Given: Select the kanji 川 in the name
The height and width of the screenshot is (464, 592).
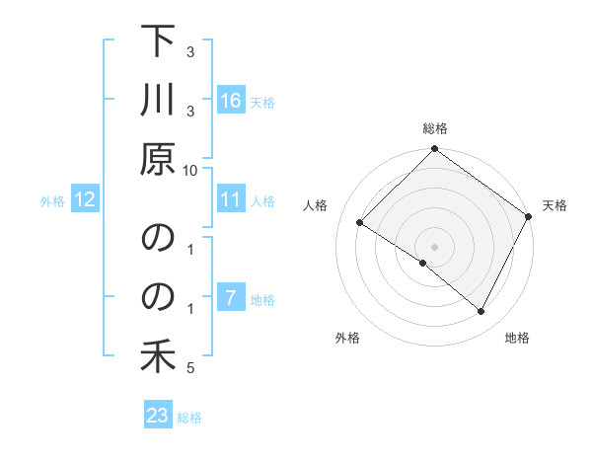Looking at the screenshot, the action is point(158,101).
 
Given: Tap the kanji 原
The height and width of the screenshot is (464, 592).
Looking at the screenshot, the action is point(158,159).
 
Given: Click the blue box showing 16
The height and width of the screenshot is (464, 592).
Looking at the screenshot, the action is point(231,101).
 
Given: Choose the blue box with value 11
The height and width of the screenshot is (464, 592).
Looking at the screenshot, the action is point(231,200).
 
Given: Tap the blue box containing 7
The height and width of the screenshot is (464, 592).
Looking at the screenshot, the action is point(231,299).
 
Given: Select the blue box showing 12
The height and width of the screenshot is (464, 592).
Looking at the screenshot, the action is point(85,200).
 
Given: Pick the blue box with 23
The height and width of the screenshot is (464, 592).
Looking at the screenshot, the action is point(158,416).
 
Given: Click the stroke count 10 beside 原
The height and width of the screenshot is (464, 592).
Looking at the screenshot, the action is point(191,169).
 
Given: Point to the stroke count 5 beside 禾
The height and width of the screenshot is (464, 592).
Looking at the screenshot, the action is point(190,369).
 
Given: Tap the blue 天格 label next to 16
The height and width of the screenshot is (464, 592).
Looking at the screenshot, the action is point(262,102).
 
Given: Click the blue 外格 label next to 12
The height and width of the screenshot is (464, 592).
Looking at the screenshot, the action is point(52,201).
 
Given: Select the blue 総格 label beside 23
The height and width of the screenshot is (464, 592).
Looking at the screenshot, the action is point(189,417).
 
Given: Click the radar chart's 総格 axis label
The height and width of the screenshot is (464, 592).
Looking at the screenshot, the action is point(435,128).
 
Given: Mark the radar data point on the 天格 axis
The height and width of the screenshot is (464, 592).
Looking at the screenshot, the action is point(529,216).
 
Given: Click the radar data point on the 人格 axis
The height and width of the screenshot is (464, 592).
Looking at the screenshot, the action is point(360,223).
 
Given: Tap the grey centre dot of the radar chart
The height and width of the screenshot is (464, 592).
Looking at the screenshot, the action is point(434,246).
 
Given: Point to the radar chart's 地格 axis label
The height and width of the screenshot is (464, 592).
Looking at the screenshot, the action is point(517,338).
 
